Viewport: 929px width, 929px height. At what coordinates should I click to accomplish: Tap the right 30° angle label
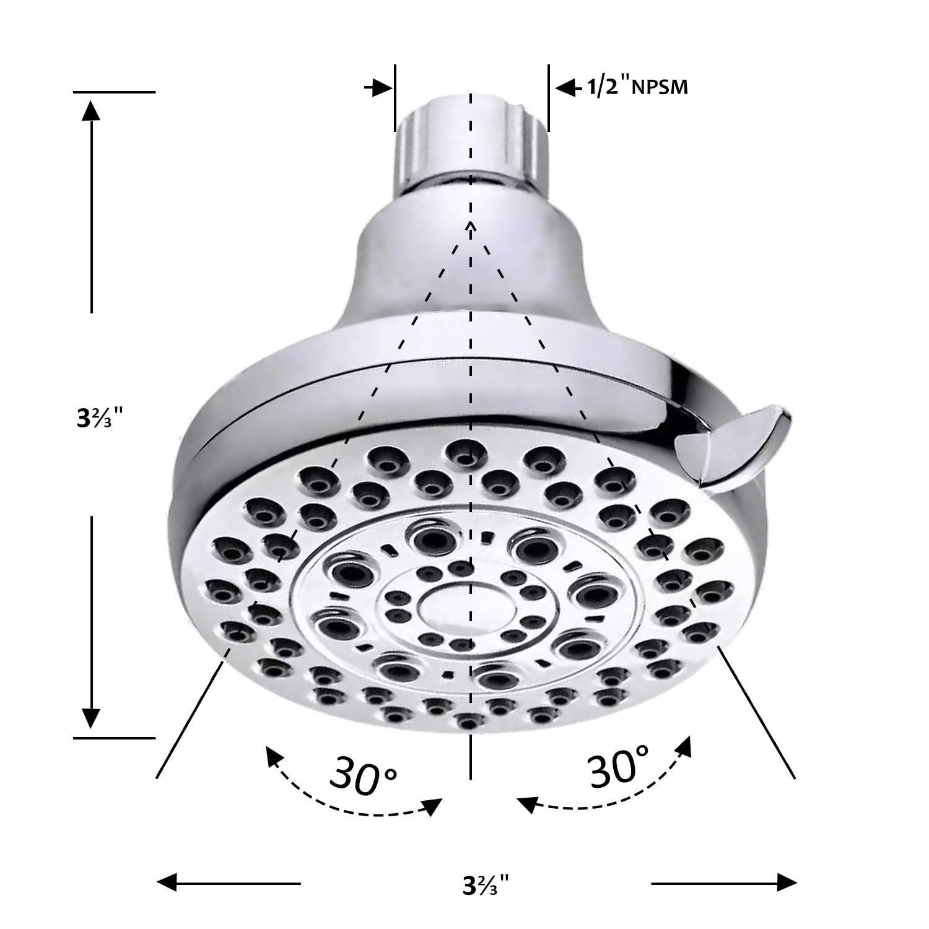619,767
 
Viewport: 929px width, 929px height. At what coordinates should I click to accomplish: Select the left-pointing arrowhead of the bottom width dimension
167,882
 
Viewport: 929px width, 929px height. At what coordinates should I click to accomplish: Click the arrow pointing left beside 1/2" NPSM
564,88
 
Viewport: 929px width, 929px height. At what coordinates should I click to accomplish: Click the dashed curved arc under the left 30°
347,799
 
